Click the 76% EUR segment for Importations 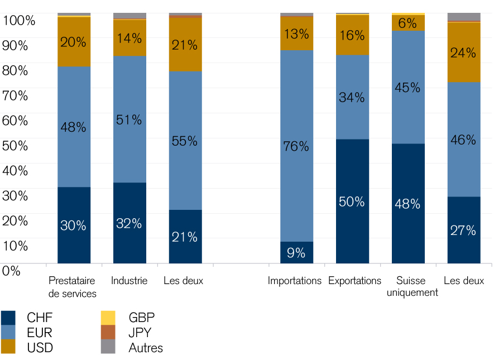(296, 146)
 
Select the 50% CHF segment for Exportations (352, 201)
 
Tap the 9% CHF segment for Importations (296, 252)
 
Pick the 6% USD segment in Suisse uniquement (408, 23)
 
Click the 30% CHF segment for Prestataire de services (74, 225)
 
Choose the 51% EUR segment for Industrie (130, 119)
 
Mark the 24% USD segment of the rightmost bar (464, 52)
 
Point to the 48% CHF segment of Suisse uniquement (408, 203)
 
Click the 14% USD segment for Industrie (130, 38)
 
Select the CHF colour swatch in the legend (8, 318)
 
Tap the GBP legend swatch (108, 318)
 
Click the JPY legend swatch (108, 333)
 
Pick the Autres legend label (146, 348)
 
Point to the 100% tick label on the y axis (18, 21)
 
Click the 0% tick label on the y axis (11, 271)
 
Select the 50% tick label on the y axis (15, 146)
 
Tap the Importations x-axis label (295, 281)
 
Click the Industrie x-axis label (129, 281)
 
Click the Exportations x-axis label (354, 281)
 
